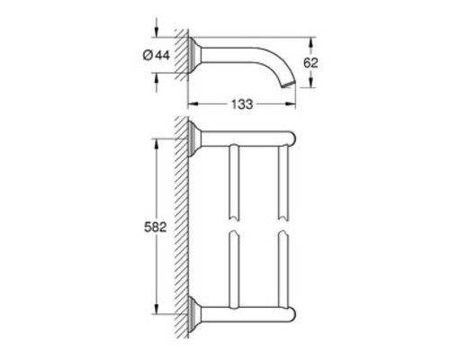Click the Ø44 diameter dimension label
(x=157, y=55)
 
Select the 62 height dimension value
(x=310, y=63)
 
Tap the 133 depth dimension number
(x=242, y=104)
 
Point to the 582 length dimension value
(x=156, y=227)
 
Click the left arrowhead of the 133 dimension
(x=193, y=104)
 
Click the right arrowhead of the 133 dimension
(x=291, y=104)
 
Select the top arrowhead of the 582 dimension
(x=156, y=144)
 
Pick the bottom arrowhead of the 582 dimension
(x=156, y=309)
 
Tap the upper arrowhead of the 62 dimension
(x=310, y=42)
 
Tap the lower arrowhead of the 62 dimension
(x=310, y=82)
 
